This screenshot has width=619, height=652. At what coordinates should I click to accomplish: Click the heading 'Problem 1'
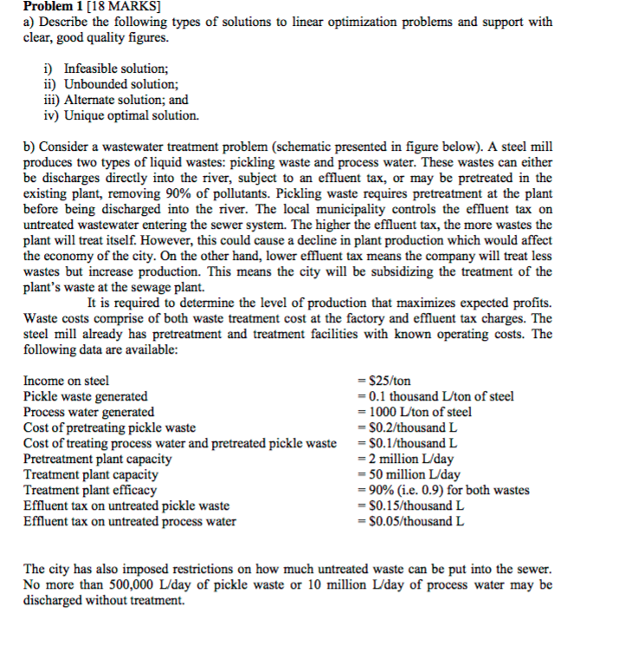tap(53, 7)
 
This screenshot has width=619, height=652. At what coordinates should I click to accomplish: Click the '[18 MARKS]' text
tap(125, 7)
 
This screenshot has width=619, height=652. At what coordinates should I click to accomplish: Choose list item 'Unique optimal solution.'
tap(120, 115)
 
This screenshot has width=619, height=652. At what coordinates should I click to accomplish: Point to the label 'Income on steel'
tap(67, 381)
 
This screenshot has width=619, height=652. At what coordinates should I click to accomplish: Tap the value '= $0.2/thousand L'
tap(407, 427)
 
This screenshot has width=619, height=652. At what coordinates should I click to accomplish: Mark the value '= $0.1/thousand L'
tap(407, 443)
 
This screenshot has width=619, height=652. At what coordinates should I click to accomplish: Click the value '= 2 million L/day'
tap(404, 459)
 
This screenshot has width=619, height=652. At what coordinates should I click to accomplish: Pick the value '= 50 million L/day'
tap(409, 474)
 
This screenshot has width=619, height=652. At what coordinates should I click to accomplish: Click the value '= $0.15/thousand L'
tap(410, 505)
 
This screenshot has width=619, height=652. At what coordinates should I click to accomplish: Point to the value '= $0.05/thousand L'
tap(410, 521)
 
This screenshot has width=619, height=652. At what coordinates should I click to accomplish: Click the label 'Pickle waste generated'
tap(86, 396)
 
